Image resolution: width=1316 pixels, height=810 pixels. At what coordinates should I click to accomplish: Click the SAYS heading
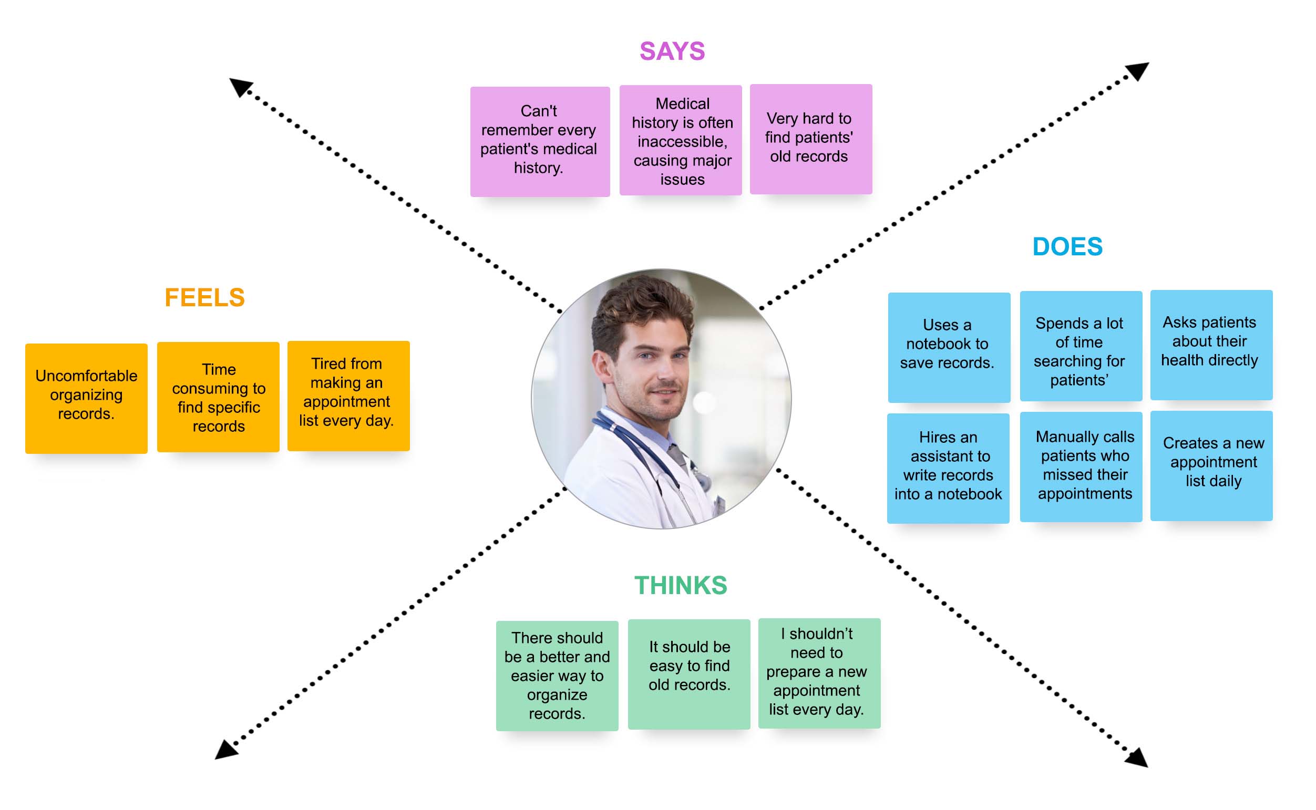click(x=672, y=51)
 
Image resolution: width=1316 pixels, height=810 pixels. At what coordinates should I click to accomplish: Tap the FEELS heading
click(x=204, y=298)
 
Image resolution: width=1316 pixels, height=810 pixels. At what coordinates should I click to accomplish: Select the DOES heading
click(x=1067, y=247)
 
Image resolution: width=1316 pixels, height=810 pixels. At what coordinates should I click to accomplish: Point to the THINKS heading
click(x=681, y=586)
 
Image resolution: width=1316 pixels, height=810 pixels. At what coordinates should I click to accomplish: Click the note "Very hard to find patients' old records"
click(x=810, y=139)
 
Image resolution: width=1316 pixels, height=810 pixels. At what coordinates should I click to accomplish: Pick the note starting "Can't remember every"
click(x=540, y=141)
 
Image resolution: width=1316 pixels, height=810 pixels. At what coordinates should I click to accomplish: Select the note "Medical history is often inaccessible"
click(x=681, y=140)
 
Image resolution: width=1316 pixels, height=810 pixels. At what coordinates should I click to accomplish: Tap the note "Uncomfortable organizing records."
click(x=86, y=398)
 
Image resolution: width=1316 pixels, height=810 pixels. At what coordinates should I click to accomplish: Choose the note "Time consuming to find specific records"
click(x=218, y=397)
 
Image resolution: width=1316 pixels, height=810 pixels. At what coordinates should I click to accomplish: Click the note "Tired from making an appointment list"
click(x=348, y=396)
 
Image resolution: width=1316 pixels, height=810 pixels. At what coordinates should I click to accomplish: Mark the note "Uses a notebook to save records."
click(x=949, y=347)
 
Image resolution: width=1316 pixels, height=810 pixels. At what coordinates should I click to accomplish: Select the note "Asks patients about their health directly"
click(x=1211, y=345)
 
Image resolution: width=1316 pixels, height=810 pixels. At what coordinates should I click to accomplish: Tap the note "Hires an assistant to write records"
click(x=948, y=468)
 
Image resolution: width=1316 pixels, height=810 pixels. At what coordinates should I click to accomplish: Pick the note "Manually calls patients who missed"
click(x=1081, y=466)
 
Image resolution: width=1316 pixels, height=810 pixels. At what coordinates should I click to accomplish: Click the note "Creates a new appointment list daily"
click(x=1211, y=465)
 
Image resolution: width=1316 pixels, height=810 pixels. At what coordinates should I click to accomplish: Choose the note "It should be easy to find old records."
click(x=688, y=674)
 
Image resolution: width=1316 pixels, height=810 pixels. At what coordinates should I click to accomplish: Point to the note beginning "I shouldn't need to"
click(x=819, y=673)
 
